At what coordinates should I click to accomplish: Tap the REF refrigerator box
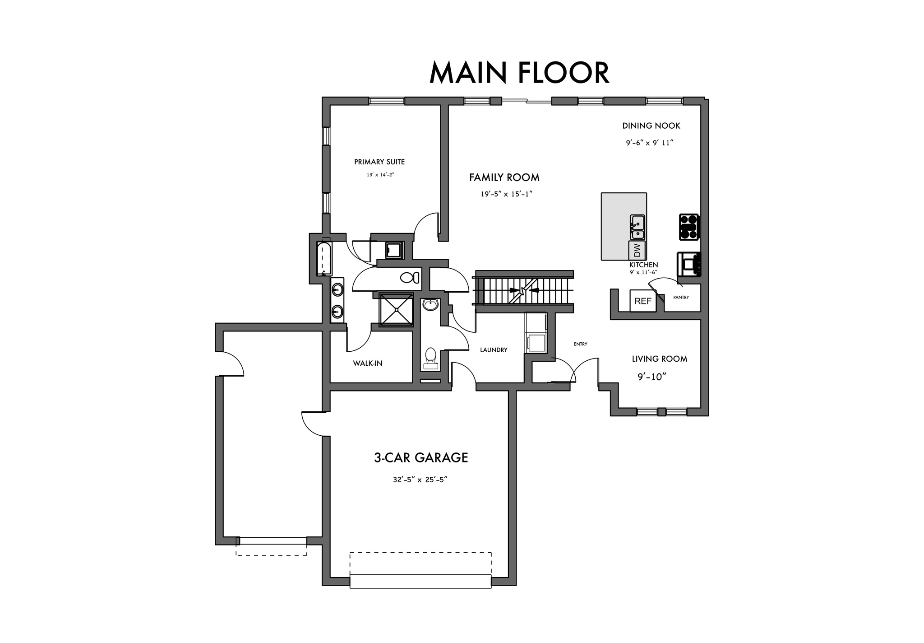pyautogui.click(x=643, y=301)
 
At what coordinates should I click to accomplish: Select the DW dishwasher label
pyautogui.click(x=637, y=250)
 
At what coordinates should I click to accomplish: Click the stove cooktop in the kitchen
pyautogui.click(x=689, y=227)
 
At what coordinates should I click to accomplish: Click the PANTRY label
pyautogui.click(x=681, y=298)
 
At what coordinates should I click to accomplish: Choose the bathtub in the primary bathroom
pyautogui.click(x=324, y=259)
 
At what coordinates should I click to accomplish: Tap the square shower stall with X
pyautogui.click(x=397, y=310)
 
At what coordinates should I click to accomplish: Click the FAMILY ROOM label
pyautogui.click(x=504, y=177)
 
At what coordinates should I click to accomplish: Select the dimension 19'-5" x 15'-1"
pyautogui.click(x=506, y=194)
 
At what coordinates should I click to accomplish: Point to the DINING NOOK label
pyautogui.click(x=651, y=126)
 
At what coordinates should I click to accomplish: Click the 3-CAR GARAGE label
pyautogui.click(x=421, y=458)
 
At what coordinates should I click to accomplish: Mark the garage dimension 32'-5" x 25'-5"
pyautogui.click(x=420, y=480)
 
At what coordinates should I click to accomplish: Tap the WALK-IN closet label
pyautogui.click(x=368, y=363)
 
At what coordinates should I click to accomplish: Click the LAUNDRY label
pyautogui.click(x=494, y=350)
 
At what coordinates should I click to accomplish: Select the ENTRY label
pyautogui.click(x=580, y=344)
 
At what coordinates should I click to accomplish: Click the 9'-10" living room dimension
pyautogui.click(x=652, y=377)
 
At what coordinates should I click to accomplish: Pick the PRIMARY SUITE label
pyautogui.click(x=379, y=162)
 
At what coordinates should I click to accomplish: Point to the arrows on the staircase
pyautogui.click(x=523, y=290)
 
